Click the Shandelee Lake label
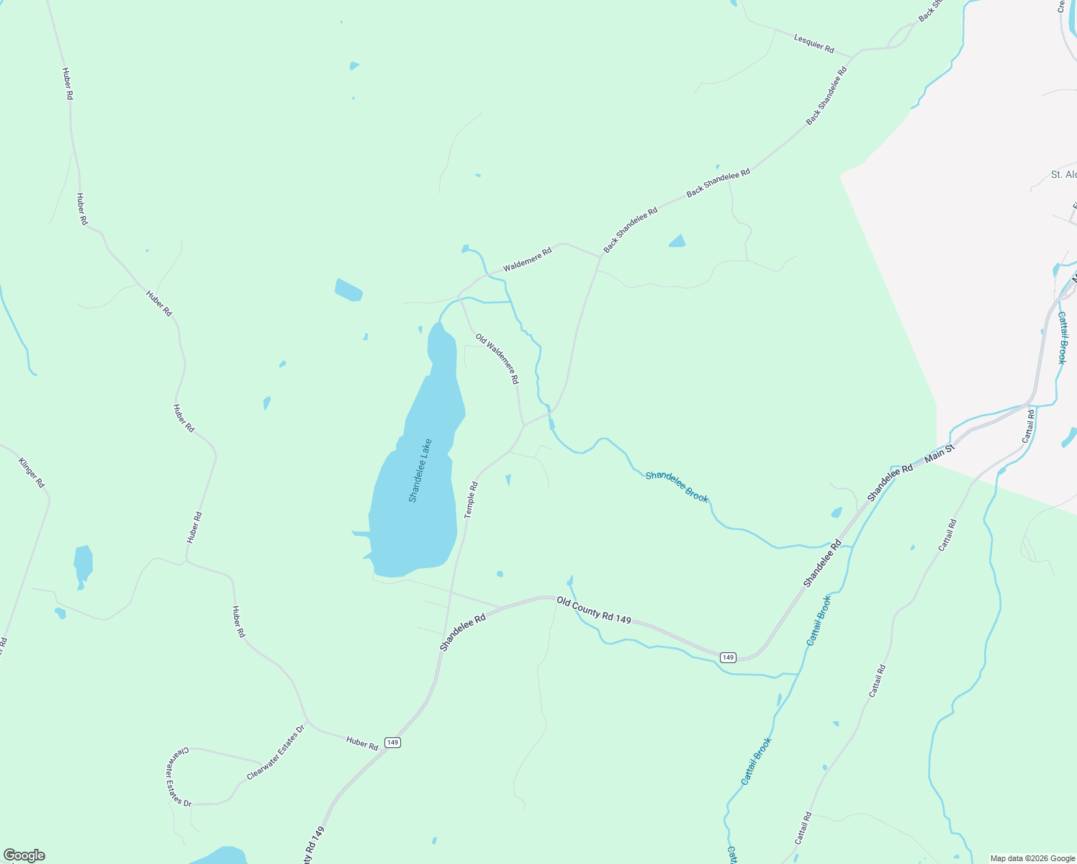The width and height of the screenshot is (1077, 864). point(420,470)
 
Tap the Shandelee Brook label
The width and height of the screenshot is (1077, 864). point(677,487)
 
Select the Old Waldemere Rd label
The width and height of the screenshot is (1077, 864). point(497,358)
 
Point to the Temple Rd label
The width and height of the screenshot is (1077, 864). point(472,500)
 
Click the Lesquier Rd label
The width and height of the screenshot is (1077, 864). point(814,43)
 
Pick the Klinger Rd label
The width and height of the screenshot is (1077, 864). point(31,473)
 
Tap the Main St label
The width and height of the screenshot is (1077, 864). point(939,453)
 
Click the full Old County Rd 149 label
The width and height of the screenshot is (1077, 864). point(594,610)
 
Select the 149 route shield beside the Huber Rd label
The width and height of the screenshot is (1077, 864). point(392,742)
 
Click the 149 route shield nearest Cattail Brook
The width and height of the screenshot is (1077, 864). point(727,657)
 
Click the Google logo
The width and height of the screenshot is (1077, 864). point(24,855)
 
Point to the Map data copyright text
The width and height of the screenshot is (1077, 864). point(1031,858)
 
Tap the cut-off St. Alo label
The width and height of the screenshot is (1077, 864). point(1063,175)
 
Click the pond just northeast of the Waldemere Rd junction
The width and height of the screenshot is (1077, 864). point(677,241)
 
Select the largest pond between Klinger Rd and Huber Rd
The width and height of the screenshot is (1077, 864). point(83,563)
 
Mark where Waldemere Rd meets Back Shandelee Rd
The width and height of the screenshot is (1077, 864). point(600,256)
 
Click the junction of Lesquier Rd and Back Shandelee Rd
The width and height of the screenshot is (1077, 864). point(854,56)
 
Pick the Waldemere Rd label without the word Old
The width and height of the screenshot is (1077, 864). point(527,259)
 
